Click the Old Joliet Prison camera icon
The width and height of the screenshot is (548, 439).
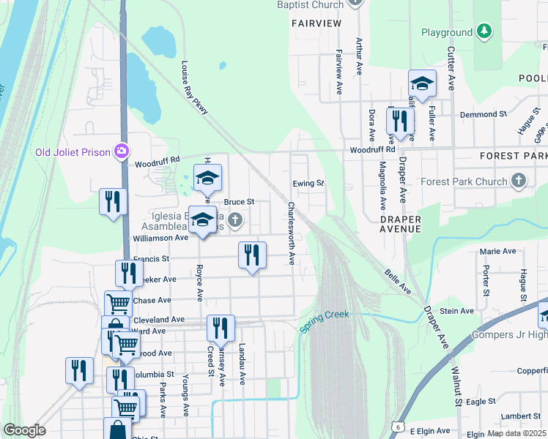(122, 151)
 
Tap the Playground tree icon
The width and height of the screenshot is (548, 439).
(483, 31)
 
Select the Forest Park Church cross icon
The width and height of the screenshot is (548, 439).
(519, 181)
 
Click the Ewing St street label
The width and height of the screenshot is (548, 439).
(308, 183)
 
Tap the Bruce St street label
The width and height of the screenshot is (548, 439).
(239, 201)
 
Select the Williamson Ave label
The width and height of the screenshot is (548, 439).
(160, 238)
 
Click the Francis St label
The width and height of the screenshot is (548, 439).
(151, 258)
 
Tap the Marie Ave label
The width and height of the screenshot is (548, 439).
(499, 251)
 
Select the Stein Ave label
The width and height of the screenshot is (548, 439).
(457, 311)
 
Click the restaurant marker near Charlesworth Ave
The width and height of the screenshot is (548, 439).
(252, 256)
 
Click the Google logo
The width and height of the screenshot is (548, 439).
(25, 430)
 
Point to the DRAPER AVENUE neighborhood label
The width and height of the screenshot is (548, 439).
(401, 224)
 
